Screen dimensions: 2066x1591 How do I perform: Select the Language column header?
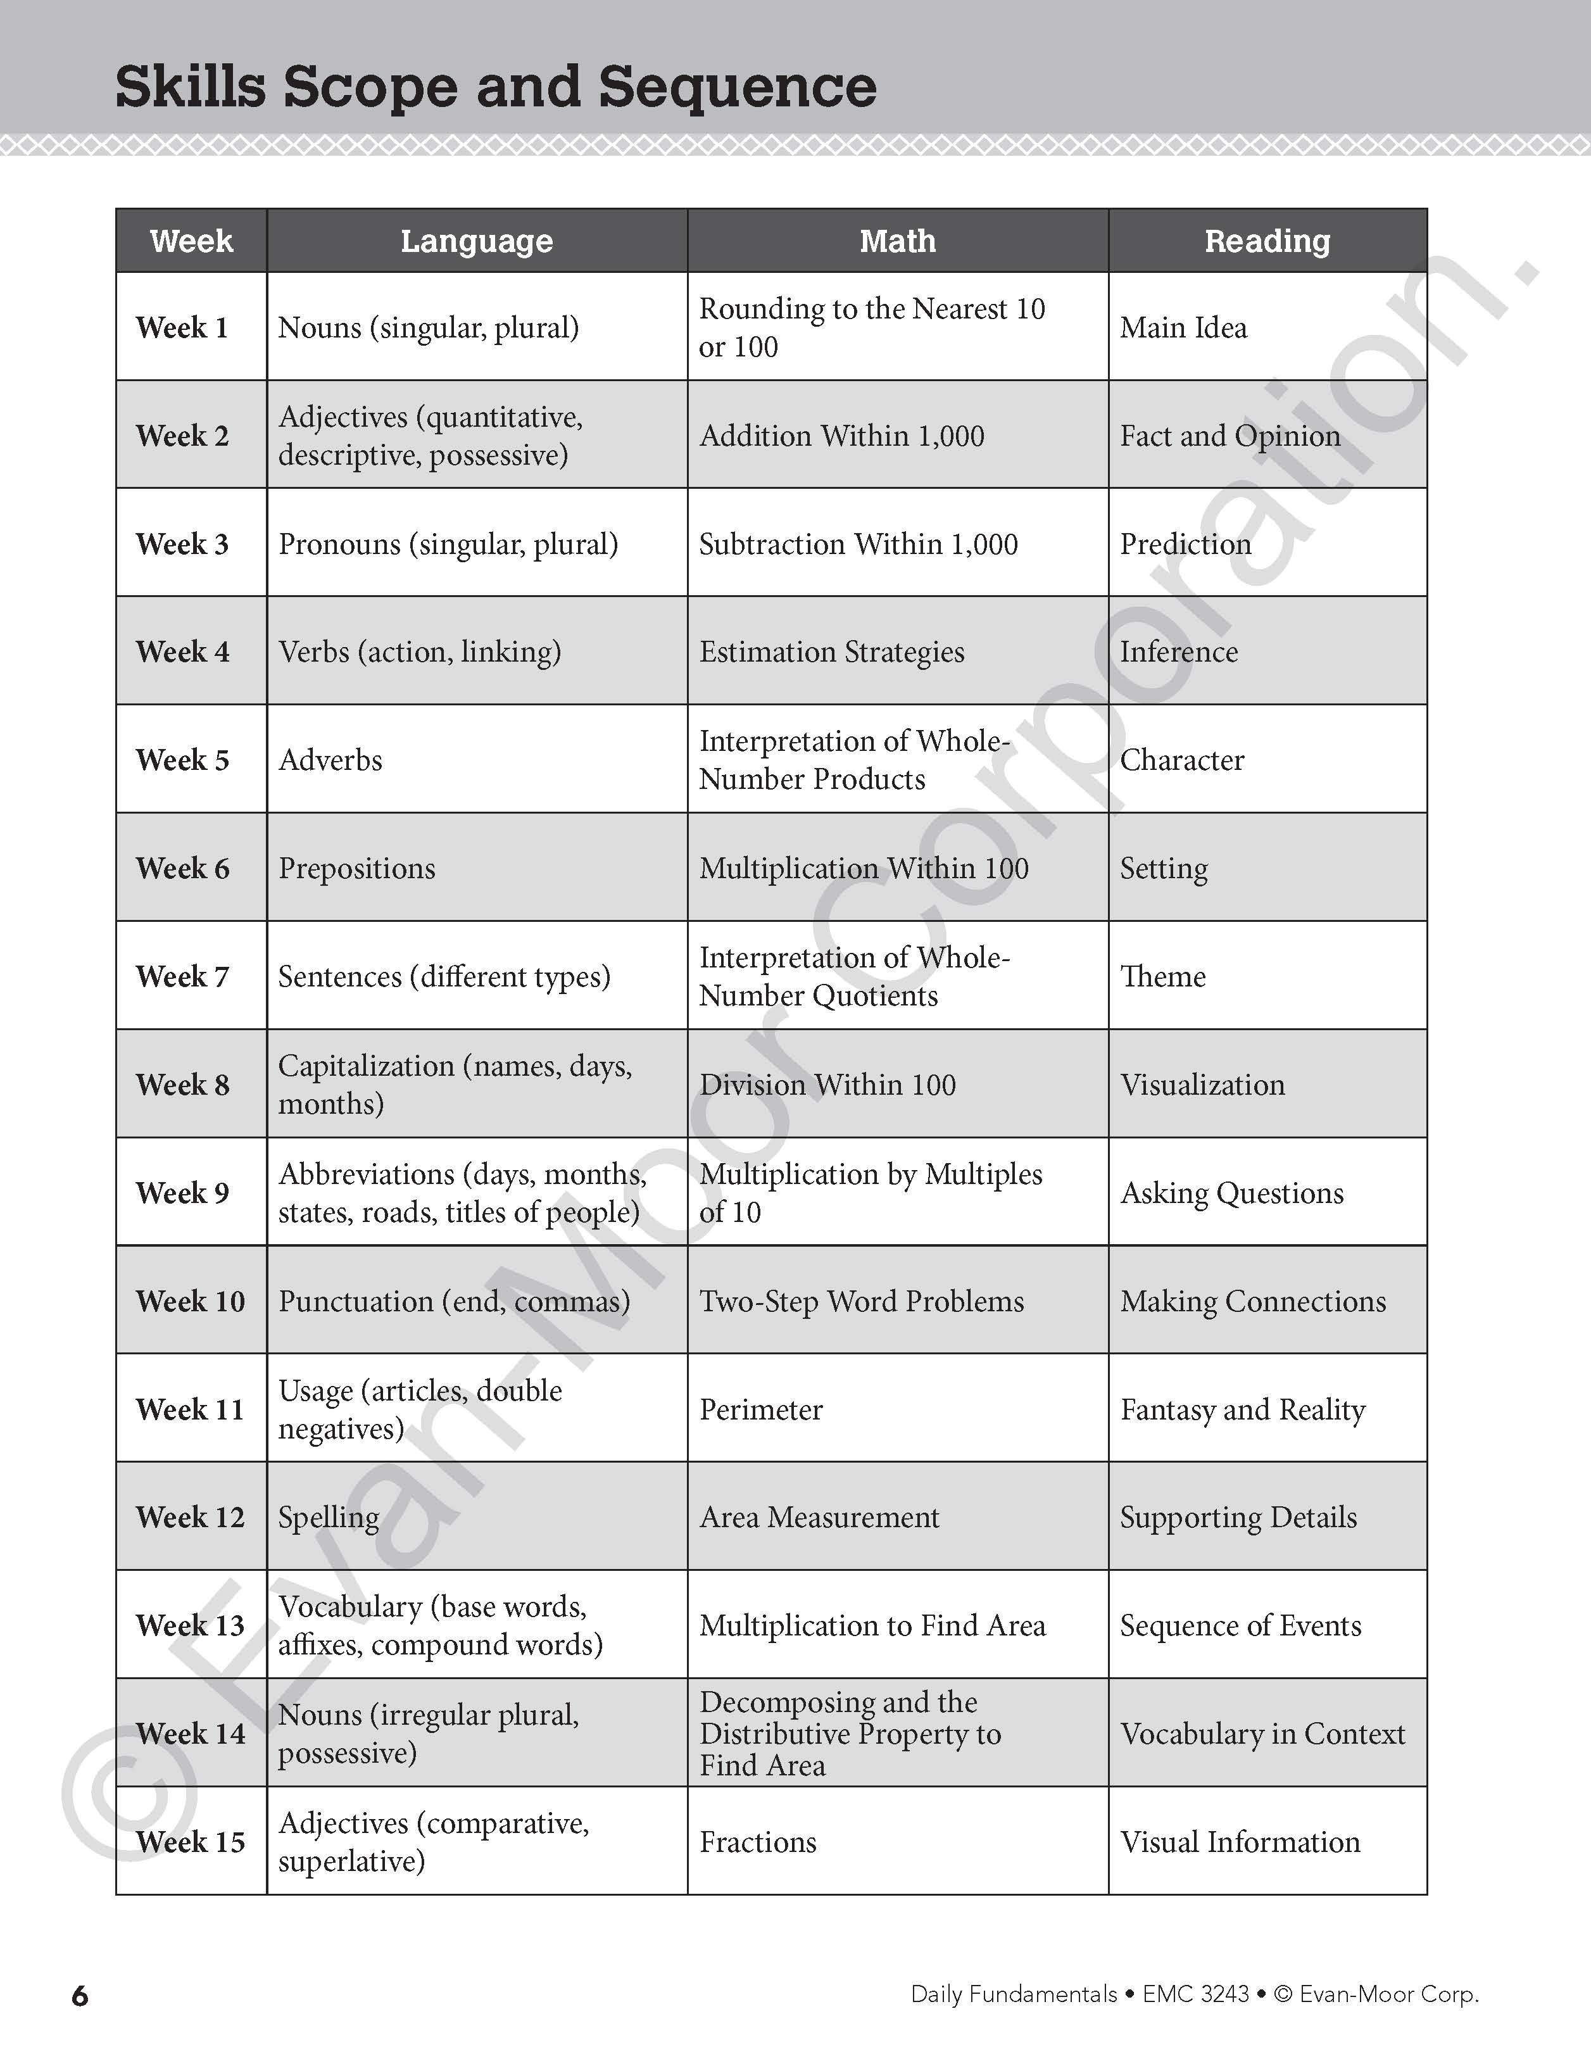click(477, 241)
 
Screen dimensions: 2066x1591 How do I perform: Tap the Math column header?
click(898, 241)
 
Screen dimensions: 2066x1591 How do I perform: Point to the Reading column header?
click(1267, 241)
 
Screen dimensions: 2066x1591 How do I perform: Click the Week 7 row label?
click(182, 976)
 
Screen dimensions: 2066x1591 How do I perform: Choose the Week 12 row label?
click(190, 1517)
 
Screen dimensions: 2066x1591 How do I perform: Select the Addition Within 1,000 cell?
click(842, 435)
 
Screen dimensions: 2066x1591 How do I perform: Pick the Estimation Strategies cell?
click(831, 652)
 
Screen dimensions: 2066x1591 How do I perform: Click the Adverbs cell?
click(330, 760)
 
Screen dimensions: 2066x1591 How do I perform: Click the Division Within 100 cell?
click(827, 1084)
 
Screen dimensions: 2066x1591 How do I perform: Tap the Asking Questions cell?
click(1231, 1193)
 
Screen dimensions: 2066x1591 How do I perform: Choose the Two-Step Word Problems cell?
click(862, 1301)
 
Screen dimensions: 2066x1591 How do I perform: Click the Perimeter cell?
click(762, 1409)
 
